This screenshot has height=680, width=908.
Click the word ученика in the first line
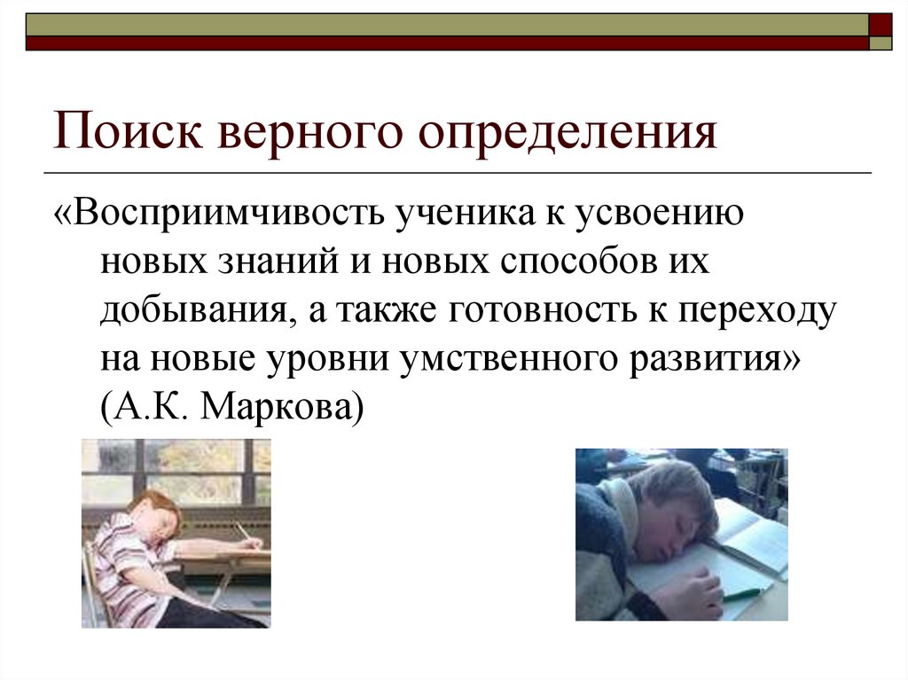pyautogui.click(x=454, y=216)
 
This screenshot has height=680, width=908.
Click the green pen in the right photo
pyautogui.click(x=743, y=593)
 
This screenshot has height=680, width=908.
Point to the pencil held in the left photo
pyautogui.click(x=241, y=531)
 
